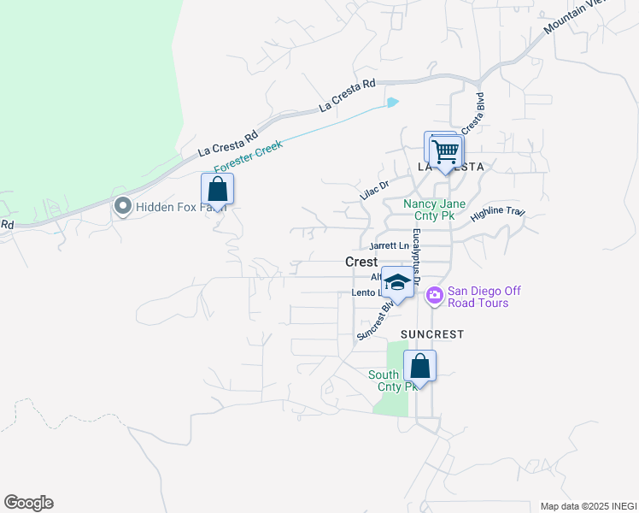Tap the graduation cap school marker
(x=396, y=282)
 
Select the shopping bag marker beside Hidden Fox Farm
(x=217, y=189)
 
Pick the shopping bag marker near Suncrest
(x=419, y=366)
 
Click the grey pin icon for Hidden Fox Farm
(x=122, y=206)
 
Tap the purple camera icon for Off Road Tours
(x=434, y=296)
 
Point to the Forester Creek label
(x=248, y=157)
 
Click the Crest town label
(x=361, y=262)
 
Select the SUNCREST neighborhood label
(x=431, y=334)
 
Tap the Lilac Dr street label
(x=374, y=190)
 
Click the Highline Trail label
(x=497, y=211)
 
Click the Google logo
(x=28, y=503)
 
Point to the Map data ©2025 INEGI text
(x=589, y=506)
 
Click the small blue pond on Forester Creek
(x=392, y=103)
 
